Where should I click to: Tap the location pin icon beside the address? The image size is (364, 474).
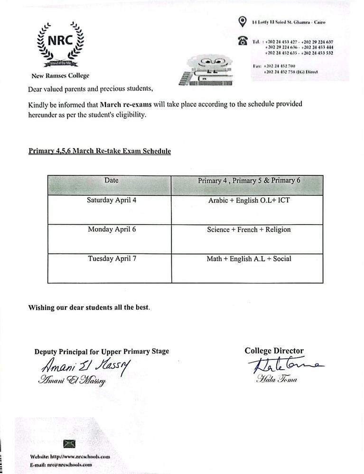coord(243,21)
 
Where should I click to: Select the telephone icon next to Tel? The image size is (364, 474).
coord(243,42)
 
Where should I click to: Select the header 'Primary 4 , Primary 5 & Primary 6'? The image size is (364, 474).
coord(249,181)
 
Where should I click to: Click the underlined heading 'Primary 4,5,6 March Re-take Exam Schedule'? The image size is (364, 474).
coord(100,151)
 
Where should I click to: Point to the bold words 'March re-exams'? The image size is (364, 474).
coord(122,104)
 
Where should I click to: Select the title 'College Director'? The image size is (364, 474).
coord(274,351)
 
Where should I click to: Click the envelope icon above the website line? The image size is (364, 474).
coord(70,444)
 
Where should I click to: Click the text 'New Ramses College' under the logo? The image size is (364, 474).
coord(60,76)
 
